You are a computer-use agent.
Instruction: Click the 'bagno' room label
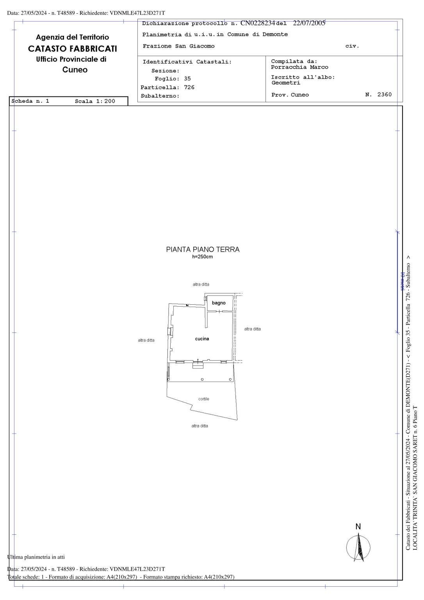219,303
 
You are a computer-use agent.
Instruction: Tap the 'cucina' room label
202,339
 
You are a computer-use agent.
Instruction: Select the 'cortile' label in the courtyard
204,399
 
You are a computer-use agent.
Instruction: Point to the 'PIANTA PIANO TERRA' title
203,250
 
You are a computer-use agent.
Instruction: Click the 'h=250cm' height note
202,257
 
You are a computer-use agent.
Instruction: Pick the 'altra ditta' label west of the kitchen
146,341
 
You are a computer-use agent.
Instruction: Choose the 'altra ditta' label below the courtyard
200,426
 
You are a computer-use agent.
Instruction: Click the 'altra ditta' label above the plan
201,285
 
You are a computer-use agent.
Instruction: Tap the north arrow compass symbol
358,547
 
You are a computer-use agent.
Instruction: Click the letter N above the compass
358,527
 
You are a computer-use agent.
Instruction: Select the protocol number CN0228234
258,23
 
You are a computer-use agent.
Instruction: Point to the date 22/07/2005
309,23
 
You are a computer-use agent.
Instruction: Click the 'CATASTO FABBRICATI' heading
73,49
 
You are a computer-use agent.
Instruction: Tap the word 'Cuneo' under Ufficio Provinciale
75,70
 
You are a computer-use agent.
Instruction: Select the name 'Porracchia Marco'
299,67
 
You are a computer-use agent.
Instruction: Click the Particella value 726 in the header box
189,87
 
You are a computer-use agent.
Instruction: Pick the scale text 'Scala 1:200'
95,102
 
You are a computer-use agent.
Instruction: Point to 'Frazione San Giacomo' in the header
178,46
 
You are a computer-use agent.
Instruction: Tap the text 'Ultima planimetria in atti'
36,557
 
